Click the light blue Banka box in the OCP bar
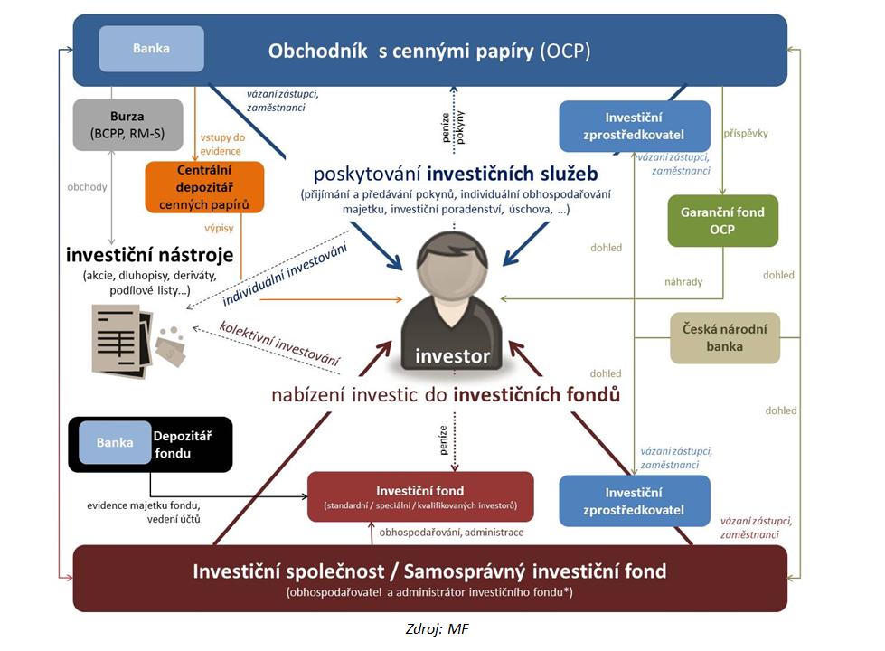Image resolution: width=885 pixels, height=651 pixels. tap(151, 49)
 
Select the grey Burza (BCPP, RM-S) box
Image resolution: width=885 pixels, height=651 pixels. tap(116, 125)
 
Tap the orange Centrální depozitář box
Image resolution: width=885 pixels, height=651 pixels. tap(204, 186)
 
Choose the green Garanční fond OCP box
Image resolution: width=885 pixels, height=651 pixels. tap(722, 221)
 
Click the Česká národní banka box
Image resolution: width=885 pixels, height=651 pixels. tap(725, 337)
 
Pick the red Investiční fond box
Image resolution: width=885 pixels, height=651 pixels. tap(420, 496)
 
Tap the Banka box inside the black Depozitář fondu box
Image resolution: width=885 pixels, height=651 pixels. tap(115, 443)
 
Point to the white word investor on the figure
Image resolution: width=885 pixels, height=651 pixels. tap(452, 356)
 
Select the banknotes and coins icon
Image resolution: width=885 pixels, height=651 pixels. tap(170, 346)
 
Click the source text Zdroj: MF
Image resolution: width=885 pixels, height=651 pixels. tap(438, 629)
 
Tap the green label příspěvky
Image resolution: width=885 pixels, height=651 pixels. tap(746, 133)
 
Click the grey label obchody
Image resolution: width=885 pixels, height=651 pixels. tap(87, 187)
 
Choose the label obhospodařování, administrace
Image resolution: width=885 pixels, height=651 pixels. tap(451, 533)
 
